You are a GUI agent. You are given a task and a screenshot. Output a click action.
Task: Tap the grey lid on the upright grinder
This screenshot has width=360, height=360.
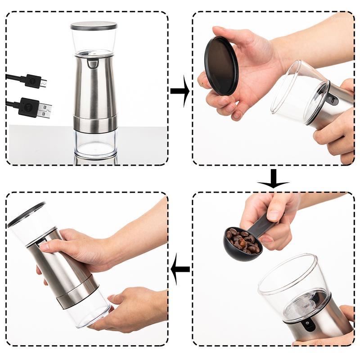coord(94,26)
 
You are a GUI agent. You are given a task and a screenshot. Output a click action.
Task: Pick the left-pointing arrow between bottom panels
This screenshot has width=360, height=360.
coord(180,269)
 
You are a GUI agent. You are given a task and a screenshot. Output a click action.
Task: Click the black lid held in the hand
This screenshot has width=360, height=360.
coord(221,65)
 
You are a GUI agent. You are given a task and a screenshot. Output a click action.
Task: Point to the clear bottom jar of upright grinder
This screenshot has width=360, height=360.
coord(95,144)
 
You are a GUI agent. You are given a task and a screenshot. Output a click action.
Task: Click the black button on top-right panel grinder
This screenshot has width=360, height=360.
coord(332,99)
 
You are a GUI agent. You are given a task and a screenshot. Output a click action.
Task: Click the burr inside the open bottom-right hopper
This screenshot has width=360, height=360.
coord(304,306)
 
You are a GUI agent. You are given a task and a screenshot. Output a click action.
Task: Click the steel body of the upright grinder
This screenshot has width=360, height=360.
coord(94,90)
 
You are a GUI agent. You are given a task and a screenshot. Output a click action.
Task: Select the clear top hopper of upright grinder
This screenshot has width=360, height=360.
coord(94,40)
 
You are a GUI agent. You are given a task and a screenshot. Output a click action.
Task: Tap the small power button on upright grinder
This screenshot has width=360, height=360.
coord(93,63)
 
